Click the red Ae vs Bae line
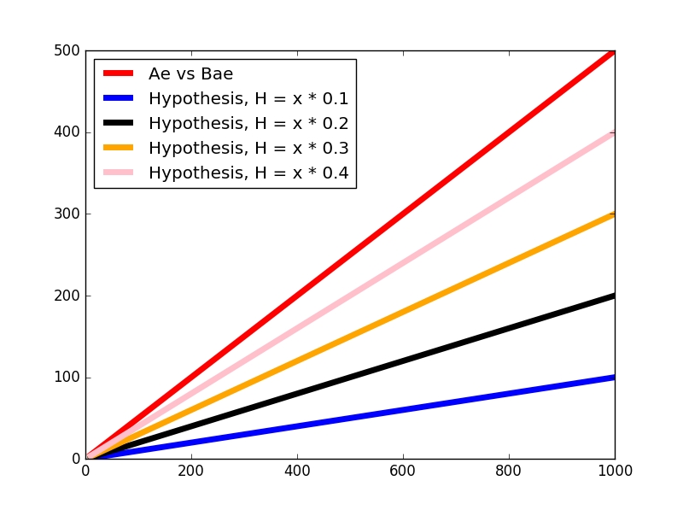[403, 214]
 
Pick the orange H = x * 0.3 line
[509, 264]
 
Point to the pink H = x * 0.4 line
[509, 198]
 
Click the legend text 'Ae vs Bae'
[190, 73]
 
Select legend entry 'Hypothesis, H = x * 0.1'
[248, 98]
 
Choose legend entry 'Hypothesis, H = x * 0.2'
[248, 123]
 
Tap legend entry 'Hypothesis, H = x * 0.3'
[248, 148]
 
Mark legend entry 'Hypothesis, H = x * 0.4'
[248, 173]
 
